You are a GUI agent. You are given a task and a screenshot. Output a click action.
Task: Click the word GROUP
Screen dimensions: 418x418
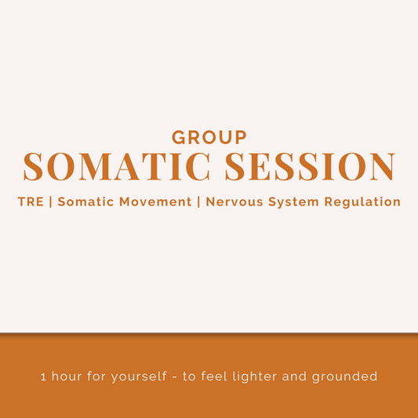(x=209, y=137)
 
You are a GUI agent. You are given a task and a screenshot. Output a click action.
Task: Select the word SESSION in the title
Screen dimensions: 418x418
(x=309, y=166)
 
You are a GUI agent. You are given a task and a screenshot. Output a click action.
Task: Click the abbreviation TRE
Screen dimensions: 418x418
(x=31, y=202)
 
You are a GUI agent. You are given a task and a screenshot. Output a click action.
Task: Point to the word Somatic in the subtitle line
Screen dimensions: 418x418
(x=83, y=202)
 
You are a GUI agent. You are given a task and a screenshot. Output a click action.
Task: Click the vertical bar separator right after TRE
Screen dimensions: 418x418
(x=51, y=202)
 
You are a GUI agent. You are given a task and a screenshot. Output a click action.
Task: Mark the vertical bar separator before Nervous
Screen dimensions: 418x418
(x=199, y=202)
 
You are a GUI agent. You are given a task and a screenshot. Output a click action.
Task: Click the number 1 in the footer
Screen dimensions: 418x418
(x=43, y=376)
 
